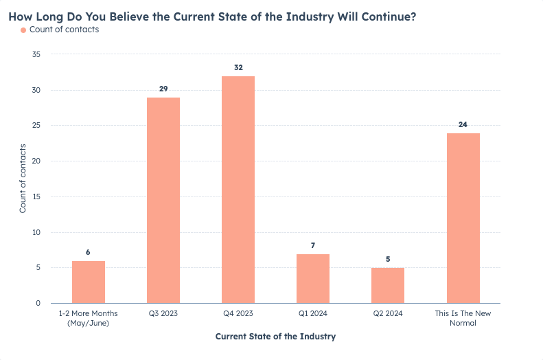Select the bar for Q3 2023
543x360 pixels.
163,200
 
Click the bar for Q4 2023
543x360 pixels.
238,190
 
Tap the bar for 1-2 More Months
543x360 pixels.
89,282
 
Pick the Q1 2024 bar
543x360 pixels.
313,278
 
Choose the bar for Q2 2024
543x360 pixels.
388,285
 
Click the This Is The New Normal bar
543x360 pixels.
463,218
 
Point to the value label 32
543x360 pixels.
238,68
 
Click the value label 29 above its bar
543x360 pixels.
163,89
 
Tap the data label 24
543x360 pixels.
463,125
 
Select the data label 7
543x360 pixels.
313,245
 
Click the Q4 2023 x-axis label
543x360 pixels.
238,314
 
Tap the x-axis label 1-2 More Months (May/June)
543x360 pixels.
89,318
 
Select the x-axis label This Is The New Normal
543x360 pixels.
463,318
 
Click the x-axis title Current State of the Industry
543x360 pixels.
275,337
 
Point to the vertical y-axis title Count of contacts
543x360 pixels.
23,179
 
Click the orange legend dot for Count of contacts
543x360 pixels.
23,30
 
